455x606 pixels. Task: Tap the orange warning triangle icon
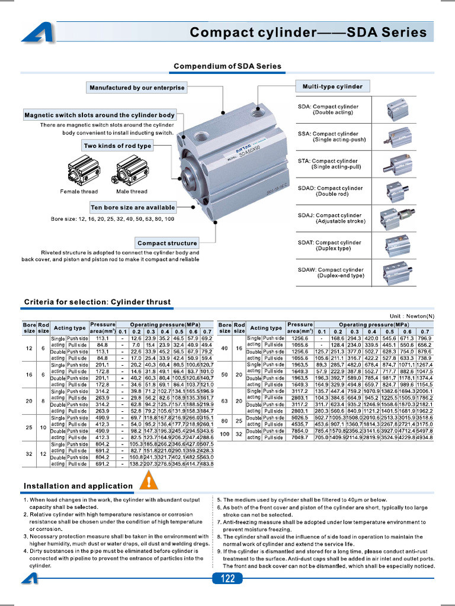click(148, 482)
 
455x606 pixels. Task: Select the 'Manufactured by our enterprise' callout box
click(137, 88)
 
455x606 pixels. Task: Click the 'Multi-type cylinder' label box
click(332, 86)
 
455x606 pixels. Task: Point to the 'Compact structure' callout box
click(167, 243)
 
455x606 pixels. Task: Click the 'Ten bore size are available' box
click(133, 208)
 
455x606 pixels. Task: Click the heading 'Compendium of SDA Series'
click(227, 66)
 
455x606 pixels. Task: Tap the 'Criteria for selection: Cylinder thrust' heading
click(97, 302)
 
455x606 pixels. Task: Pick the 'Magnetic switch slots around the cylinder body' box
click(99, 115)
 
